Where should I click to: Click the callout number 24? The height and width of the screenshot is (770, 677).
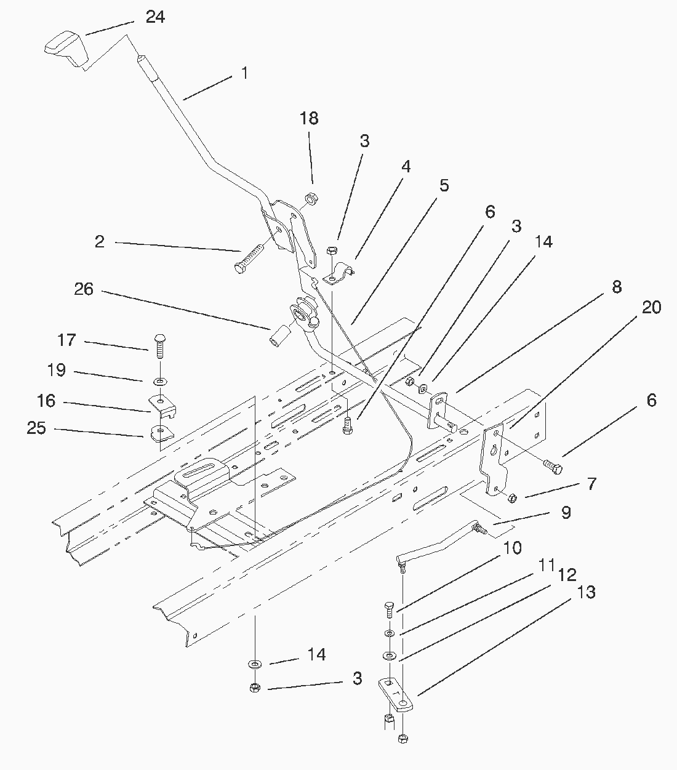(155, 17)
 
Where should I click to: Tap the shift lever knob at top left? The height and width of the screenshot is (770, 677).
(67, 49)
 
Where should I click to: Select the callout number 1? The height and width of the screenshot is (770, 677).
(245, 73)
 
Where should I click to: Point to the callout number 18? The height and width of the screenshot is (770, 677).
(309, 118)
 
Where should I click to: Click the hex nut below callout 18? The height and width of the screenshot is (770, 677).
(311, 198)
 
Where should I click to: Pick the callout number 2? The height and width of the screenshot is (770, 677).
(100, 242)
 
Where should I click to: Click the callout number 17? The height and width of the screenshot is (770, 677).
(66, 340)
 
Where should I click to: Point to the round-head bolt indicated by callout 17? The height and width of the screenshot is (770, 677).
(161, 346)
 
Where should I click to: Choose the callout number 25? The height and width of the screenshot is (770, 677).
(36, 428)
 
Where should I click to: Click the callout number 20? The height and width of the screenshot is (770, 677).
(652, 307)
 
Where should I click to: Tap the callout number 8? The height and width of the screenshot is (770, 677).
(617, 287)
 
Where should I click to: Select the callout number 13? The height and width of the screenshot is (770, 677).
(586, 592)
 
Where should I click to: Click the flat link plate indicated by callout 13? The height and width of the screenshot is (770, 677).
(396, 695)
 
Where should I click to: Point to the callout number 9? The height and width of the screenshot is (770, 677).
(566, 513)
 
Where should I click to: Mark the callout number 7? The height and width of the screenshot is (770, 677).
(591, 484)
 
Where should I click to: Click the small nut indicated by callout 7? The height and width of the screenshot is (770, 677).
(512, 497)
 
